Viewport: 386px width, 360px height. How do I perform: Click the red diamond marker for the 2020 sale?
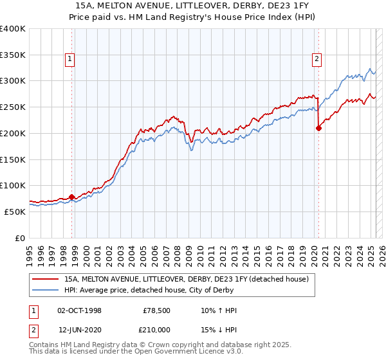(x=318, y=128)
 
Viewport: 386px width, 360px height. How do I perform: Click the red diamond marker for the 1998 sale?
(x=71, y=197)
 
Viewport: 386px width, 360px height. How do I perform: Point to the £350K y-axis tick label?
(x=13, y=55)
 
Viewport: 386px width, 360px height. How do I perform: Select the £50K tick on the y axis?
(x=15, y=212)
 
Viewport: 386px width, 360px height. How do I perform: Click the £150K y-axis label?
(x=13, y=159)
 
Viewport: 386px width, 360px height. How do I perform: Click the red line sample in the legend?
(x=46, y=279)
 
